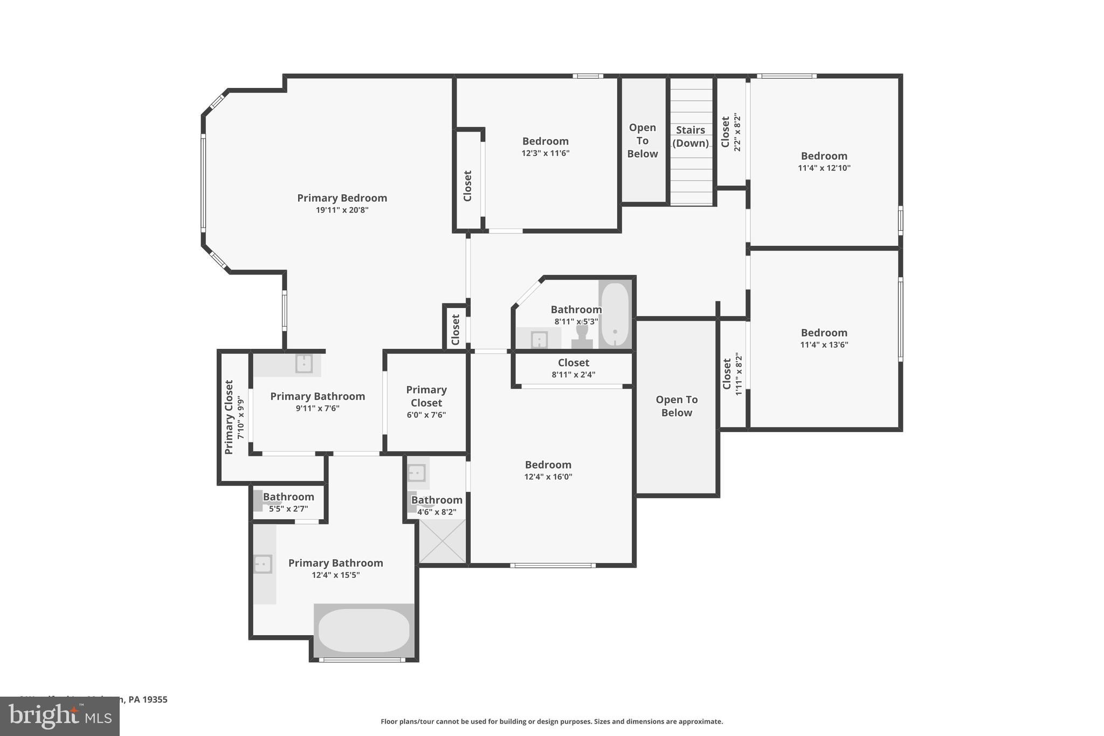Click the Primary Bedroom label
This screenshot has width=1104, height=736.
click(x=342, y=198)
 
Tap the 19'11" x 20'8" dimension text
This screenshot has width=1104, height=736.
click(x=342, y=210)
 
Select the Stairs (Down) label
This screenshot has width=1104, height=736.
click(x=691, y=136)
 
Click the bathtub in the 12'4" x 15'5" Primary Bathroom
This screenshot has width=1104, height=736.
click(x=364, y=630)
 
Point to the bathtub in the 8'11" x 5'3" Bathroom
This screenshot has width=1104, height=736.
click(x=615, y=314)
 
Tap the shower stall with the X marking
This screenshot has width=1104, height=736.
click(x=442, y=541)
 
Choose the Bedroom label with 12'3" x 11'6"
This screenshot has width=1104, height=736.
click(x=545, y=141)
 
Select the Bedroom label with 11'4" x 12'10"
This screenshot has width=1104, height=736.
click(x=824, y=156)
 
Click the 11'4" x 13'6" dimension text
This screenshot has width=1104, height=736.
click(x=824, y=345)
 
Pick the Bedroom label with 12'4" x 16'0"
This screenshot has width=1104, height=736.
click(x=548, y=465)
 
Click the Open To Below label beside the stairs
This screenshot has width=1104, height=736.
click(x=642, y=141)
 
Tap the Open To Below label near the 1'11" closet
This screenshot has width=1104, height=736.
click(x=677, y=406)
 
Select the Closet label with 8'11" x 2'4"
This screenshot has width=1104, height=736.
click(x=573, y=363)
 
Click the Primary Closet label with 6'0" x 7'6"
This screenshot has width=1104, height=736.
click(x=426, y=396)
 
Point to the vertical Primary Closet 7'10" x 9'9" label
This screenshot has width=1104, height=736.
click(x=229, y=417)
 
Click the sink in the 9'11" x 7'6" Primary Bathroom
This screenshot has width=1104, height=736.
click(x=304, y=363)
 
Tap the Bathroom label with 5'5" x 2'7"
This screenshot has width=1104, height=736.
click(x=288, y=497)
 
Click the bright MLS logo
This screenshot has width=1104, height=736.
click(x=59, y=716)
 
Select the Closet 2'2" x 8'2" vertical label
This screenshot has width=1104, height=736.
click(x=726, y=132)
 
